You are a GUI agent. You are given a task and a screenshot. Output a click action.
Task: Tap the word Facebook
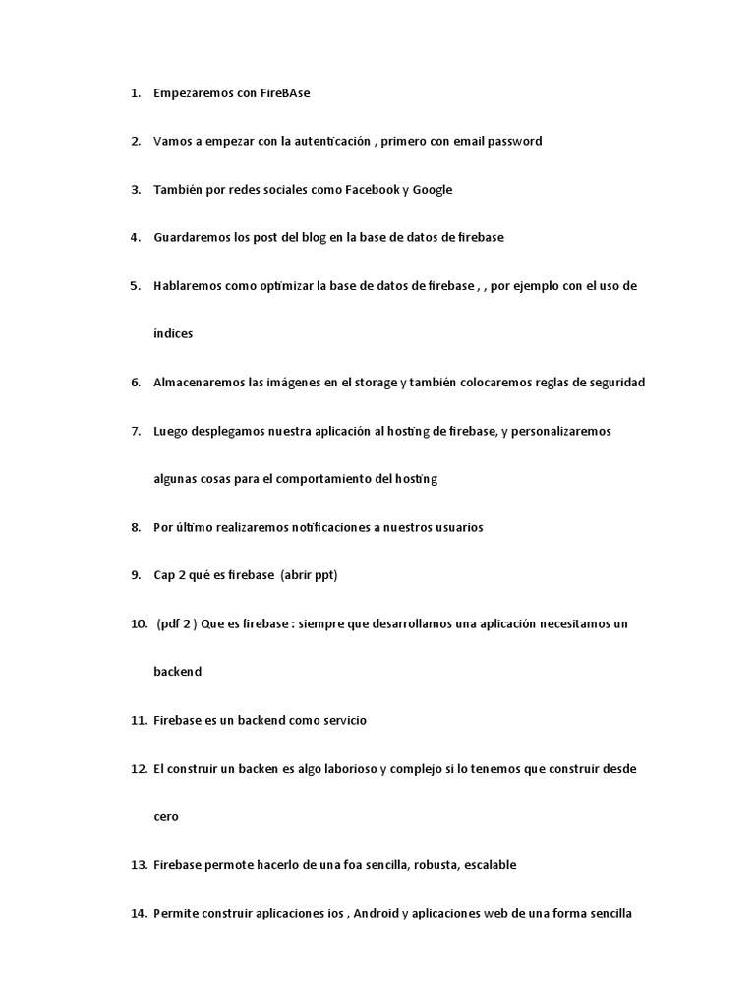(x=372, y=190)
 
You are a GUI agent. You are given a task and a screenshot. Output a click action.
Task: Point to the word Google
(x=433, y=190)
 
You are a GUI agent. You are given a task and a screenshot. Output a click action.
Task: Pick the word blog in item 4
(x=315, y=238)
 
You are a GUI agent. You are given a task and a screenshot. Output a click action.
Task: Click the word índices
(x=173, y=334)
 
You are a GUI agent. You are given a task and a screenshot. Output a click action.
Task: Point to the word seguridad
(x=614, y=383)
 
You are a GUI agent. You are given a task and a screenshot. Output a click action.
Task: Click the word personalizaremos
(x=563, y=431)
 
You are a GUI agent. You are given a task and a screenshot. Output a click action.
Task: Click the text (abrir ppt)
(x=310, y=575)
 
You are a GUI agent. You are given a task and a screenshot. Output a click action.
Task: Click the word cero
(x=166, y=817)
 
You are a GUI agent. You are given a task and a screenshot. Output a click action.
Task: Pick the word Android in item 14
(x=376, y=914)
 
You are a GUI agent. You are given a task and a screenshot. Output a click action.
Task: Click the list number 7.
(x=136, y=431)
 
